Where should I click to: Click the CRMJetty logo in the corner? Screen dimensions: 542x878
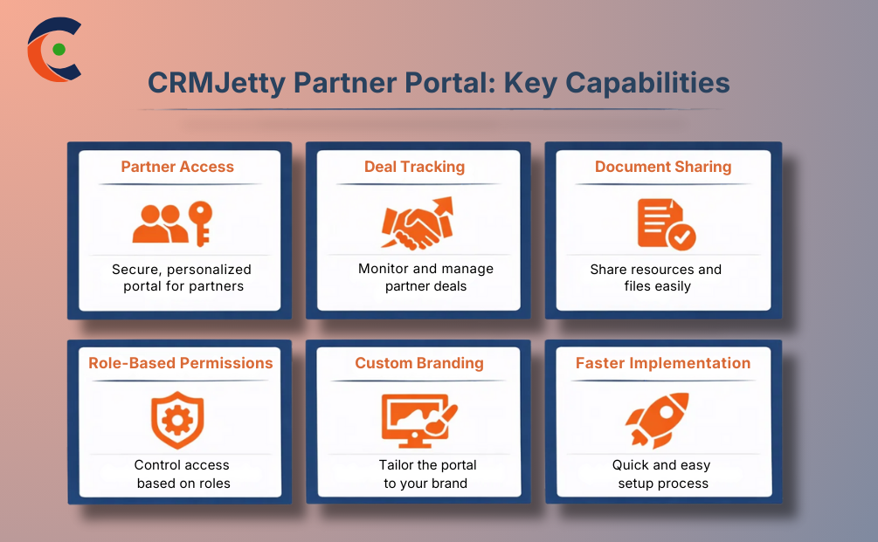54,49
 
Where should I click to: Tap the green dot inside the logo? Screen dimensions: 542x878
59,50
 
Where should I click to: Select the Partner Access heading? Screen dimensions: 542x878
177,167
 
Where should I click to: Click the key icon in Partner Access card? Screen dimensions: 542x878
202,223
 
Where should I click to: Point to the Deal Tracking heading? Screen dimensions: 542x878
414,167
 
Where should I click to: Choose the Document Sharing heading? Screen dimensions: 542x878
663,167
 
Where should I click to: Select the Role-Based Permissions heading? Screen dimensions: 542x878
181,363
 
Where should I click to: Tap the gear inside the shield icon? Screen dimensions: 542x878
177,420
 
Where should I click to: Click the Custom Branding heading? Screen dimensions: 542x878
419,363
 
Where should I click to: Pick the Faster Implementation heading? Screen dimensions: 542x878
663,363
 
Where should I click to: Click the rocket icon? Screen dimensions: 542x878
658,419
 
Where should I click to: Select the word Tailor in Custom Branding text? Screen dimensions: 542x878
398,465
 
